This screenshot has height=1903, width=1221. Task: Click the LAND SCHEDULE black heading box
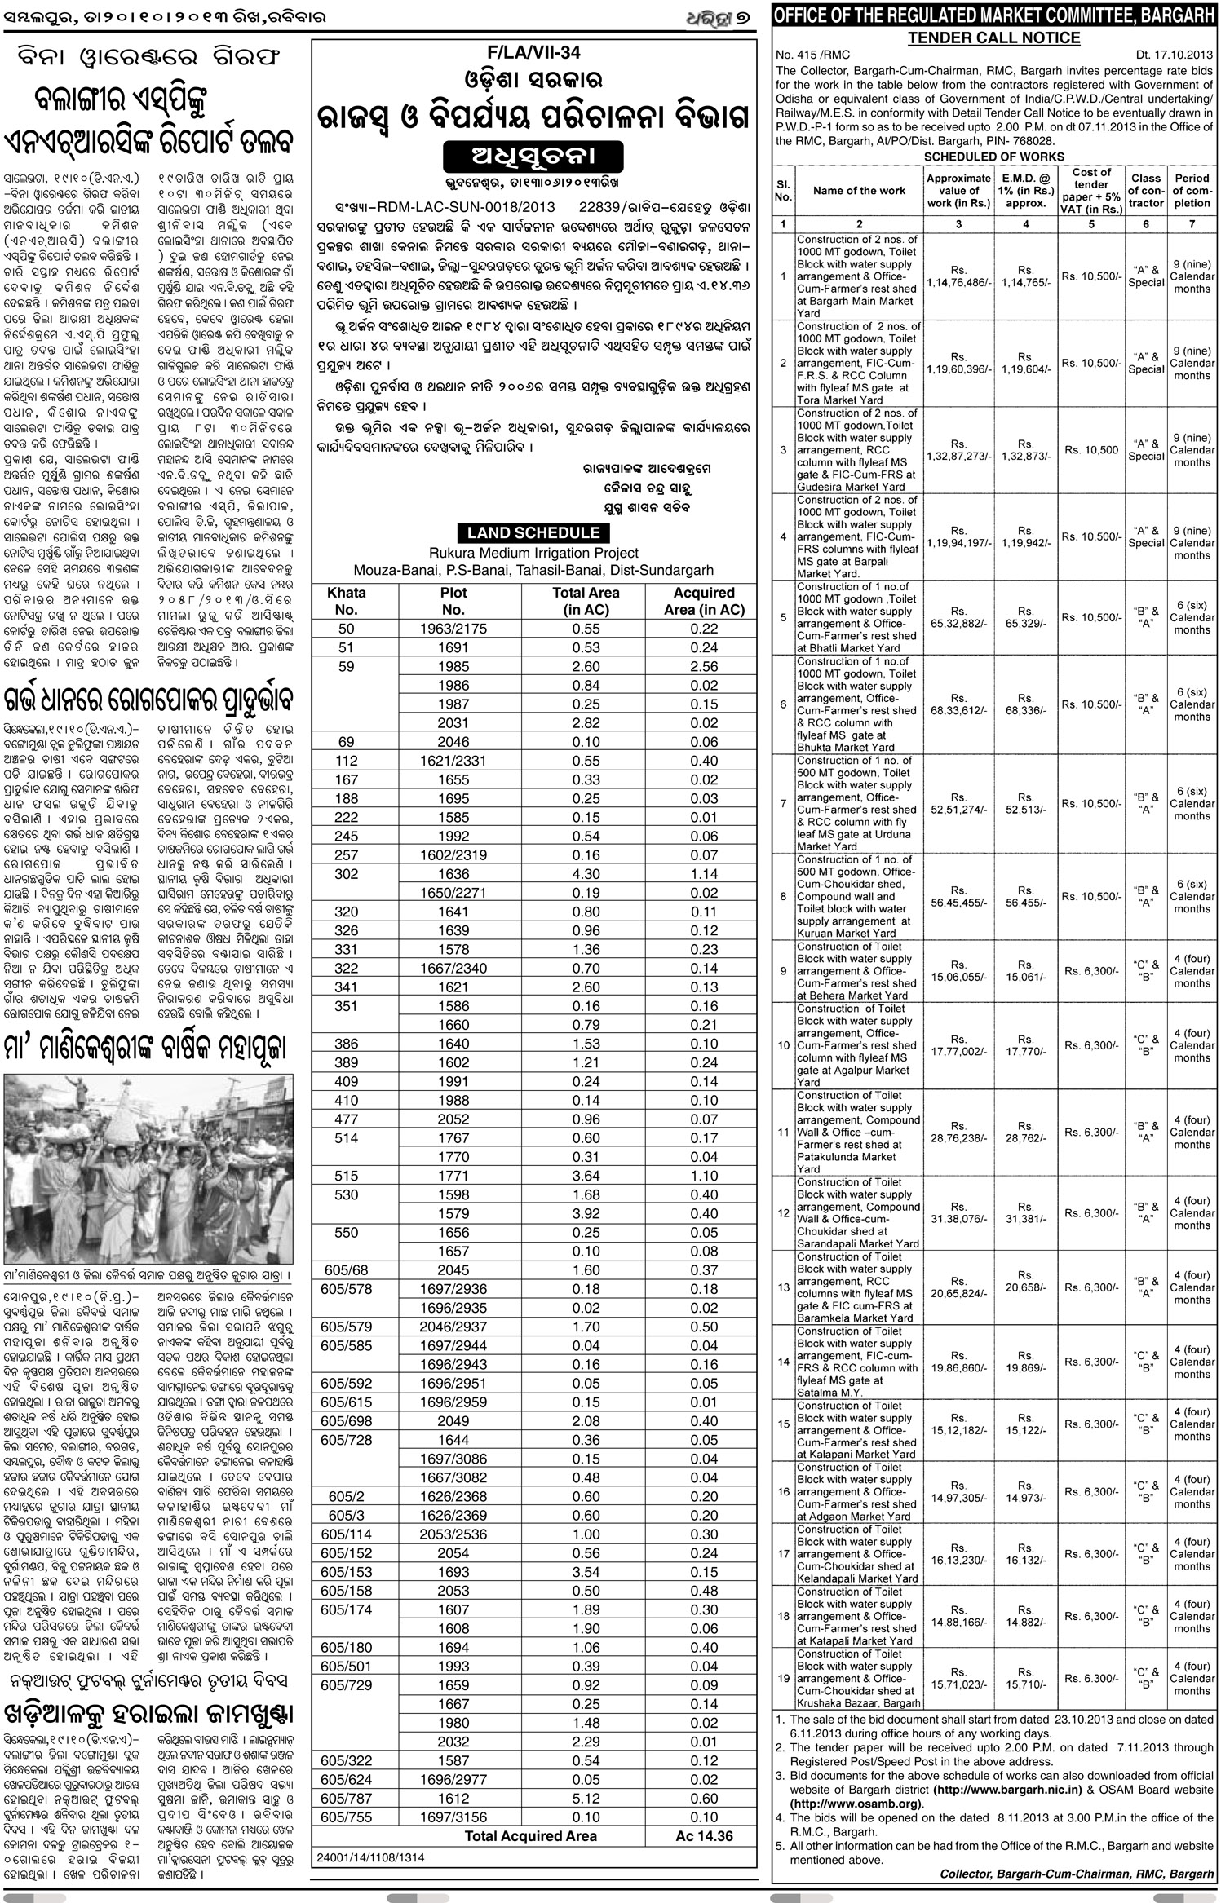533,533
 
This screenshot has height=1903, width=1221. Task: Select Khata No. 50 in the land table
347,629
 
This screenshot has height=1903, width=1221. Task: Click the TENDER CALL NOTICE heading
993,38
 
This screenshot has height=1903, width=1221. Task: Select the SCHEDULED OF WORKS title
993,157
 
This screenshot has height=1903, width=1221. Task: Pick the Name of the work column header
859,191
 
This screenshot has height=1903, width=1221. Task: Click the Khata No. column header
347,601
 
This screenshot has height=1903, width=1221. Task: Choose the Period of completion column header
1192,190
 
